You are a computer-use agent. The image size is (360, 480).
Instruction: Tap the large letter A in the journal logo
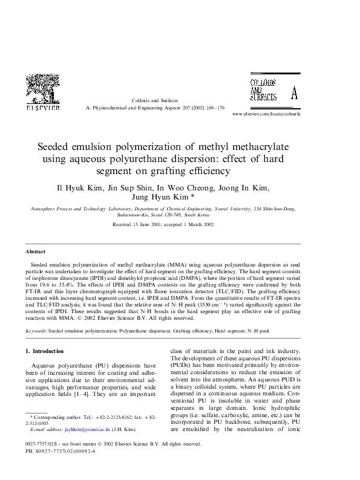coord(294,94)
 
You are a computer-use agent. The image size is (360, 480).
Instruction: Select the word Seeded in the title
coord(57,147)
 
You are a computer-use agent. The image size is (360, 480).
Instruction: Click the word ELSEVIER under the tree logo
coord(42,109)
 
